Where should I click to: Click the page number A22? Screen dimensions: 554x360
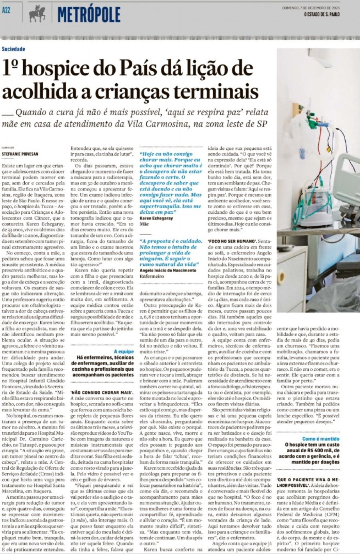click(6, 10)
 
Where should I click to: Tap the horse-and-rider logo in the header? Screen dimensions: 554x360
click(37, 14)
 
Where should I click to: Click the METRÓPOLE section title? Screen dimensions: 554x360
click(89, 15)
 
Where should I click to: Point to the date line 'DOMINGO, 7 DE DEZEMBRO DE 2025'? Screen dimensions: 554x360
click(311, 8)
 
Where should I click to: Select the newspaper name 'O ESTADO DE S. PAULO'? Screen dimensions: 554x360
click(322, 14)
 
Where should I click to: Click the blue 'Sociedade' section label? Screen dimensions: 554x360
click(13, 49)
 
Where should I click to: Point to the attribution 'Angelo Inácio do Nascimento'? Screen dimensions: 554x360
click(168, 270)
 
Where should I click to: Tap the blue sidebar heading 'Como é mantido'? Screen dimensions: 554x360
click(321, 439)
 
